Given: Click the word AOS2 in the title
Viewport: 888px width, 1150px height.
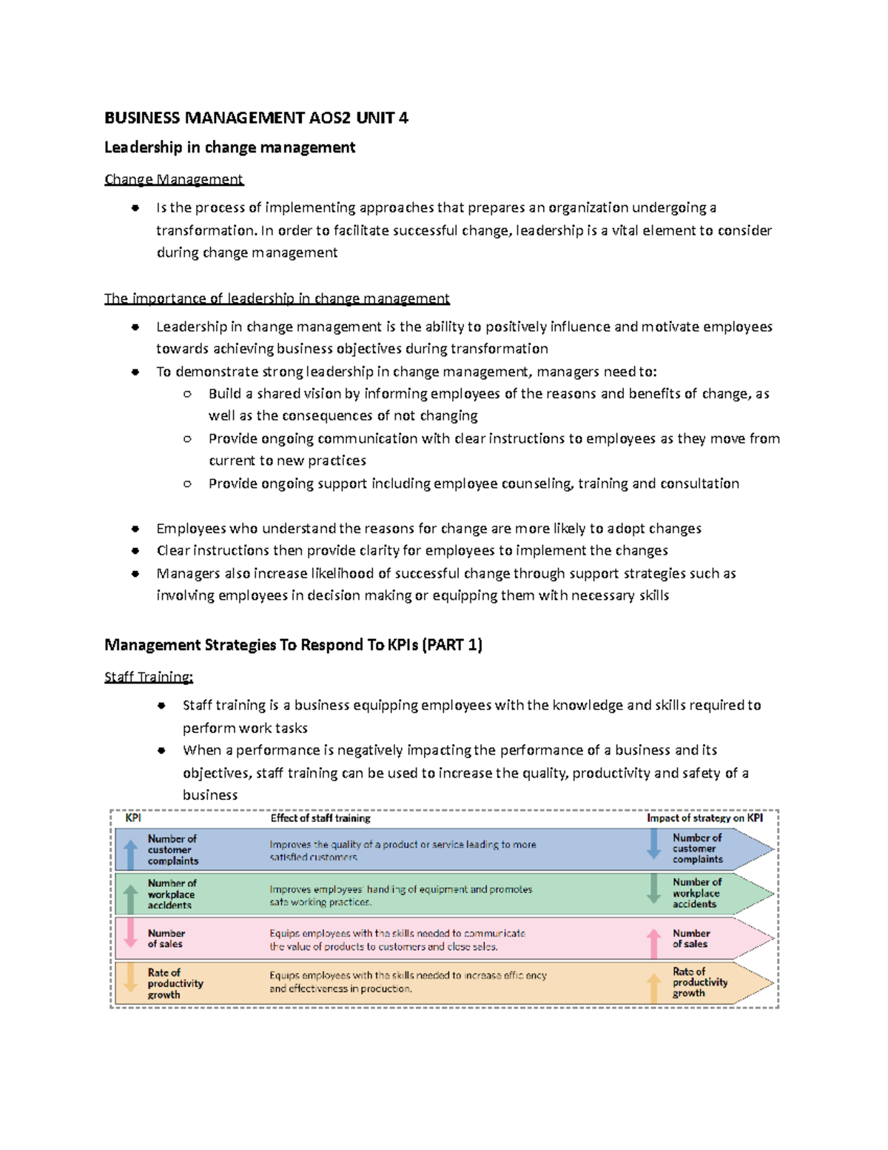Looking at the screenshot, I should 330,118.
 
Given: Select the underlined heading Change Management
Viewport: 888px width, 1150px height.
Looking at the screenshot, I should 174,179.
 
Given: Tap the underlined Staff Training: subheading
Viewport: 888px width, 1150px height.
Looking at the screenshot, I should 149,677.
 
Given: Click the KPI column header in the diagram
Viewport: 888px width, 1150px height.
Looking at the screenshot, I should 133,818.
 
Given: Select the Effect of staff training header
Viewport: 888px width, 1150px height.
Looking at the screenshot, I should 320,818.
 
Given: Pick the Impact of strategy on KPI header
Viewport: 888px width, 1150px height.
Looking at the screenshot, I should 704,818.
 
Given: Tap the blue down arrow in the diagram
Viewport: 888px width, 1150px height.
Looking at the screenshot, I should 654,844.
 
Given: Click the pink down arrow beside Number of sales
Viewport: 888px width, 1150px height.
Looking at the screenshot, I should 131,932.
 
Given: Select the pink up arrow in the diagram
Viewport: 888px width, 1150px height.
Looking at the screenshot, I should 654,943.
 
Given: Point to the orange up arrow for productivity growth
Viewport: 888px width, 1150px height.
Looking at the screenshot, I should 654,988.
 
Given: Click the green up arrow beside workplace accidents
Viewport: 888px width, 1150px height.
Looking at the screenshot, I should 131,898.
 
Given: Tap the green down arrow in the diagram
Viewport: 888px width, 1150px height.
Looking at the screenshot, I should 654,889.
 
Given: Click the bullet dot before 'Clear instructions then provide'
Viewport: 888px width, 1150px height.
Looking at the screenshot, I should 135,551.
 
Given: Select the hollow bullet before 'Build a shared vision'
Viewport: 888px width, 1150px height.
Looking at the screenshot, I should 187,394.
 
